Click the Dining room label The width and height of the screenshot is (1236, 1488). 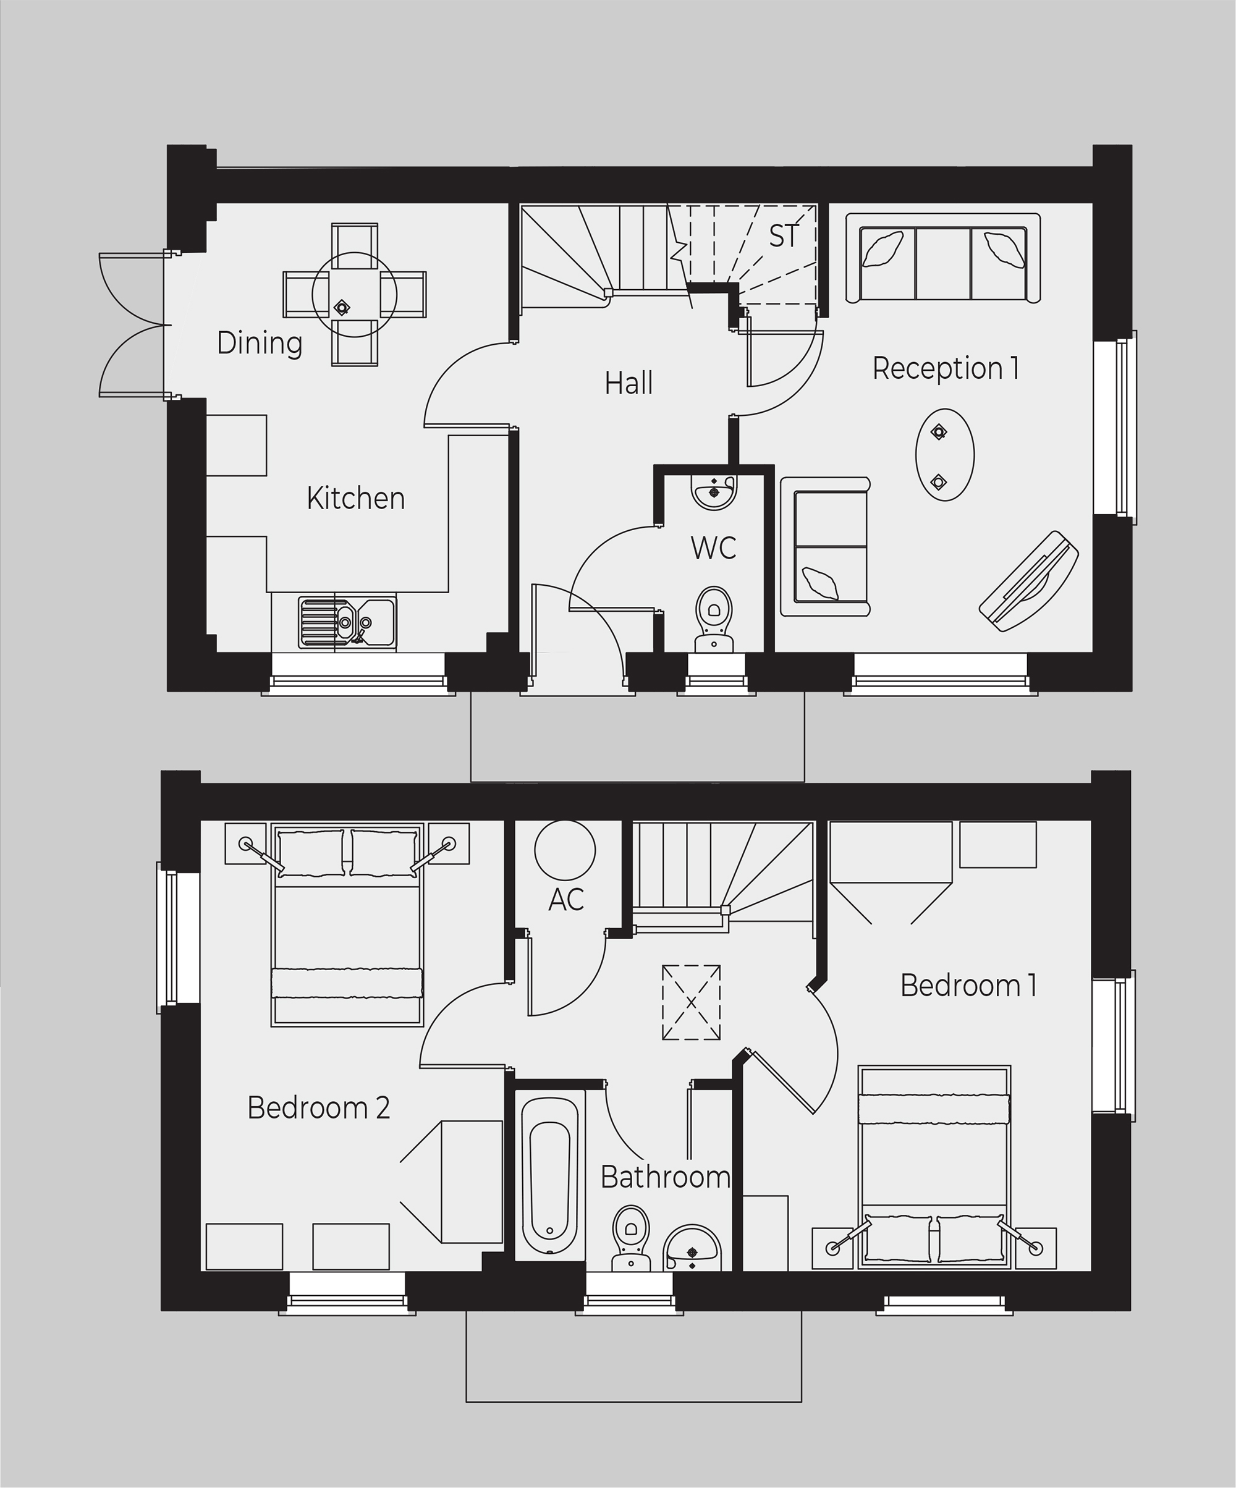(x=260, y=343)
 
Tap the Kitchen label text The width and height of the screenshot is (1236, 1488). (x=356, y=499)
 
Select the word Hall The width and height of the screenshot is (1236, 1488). (x=629, y=383)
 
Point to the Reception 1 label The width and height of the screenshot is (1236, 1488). (x=946, y=368)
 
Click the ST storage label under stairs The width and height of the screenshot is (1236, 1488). (x=784, y=237)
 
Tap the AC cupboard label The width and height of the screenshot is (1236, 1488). (x=565, y=899)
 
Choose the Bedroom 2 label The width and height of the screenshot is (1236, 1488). (x=318, y=1107)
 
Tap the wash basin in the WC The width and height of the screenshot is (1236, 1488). (x=714, y=491)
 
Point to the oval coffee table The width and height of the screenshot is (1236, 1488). (x=945, y=455)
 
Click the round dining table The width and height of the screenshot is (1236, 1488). (x=354, y=294)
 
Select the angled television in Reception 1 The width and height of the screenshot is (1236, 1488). (x=1028, y=581)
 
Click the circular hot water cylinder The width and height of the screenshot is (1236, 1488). (x=565, y=850)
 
